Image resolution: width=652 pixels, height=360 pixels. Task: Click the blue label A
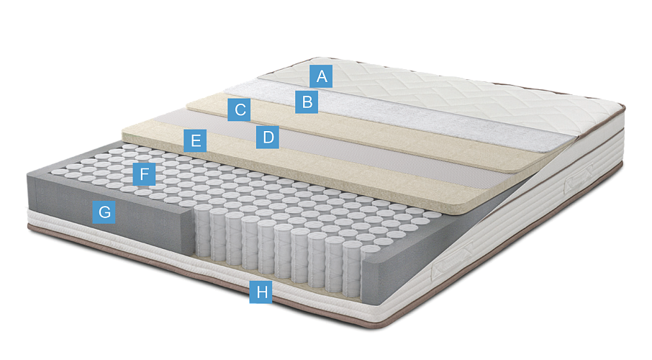click(321, 76)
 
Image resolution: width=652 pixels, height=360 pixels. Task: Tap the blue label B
click(307, 102)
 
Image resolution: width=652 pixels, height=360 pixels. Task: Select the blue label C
click(239, 110)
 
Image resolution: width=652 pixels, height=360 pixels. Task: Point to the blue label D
click(268, 137)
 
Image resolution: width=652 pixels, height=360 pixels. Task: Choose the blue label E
click(195, 140)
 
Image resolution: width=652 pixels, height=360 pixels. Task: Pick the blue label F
click(144, 174)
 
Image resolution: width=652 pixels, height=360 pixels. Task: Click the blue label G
click(104, 212)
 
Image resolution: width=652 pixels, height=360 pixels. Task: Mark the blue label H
click(261, 292)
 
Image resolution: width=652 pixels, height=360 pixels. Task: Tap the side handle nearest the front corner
click(451, 262)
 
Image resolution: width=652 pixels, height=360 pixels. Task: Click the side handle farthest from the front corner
click(578, 178)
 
